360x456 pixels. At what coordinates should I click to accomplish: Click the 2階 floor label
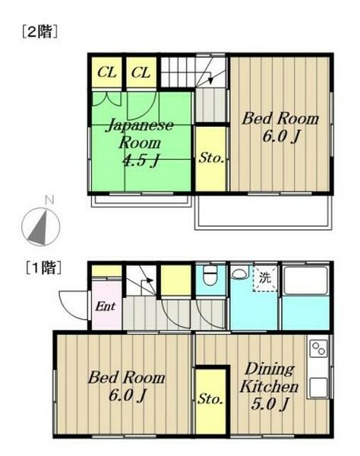[39, 32]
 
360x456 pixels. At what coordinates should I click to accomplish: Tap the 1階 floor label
[43, 268]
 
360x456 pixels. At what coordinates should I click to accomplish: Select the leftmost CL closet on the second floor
[106, 72]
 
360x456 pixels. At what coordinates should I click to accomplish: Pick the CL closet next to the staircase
[141, 72]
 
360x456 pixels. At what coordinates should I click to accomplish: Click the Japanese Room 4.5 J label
[140, 143]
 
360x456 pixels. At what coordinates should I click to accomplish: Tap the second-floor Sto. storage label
[211, 159]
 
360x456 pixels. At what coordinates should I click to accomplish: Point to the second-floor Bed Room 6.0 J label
[280, 128]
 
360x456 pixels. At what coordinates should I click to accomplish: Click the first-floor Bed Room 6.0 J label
[126, 386]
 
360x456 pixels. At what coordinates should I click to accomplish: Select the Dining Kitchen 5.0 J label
[270, 387]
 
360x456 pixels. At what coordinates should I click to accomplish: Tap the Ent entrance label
[105, 306]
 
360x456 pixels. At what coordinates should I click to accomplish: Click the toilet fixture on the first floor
[210, 275]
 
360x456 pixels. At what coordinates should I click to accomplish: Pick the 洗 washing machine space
[265, 278]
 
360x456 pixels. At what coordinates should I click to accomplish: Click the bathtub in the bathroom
[305, 280]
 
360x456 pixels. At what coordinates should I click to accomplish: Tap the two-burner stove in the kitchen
[318, 348]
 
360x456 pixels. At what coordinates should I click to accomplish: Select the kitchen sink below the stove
[318, 387]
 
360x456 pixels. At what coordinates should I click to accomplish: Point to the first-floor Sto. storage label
[210, 399]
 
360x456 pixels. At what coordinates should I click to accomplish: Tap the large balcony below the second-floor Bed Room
[264, 212]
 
